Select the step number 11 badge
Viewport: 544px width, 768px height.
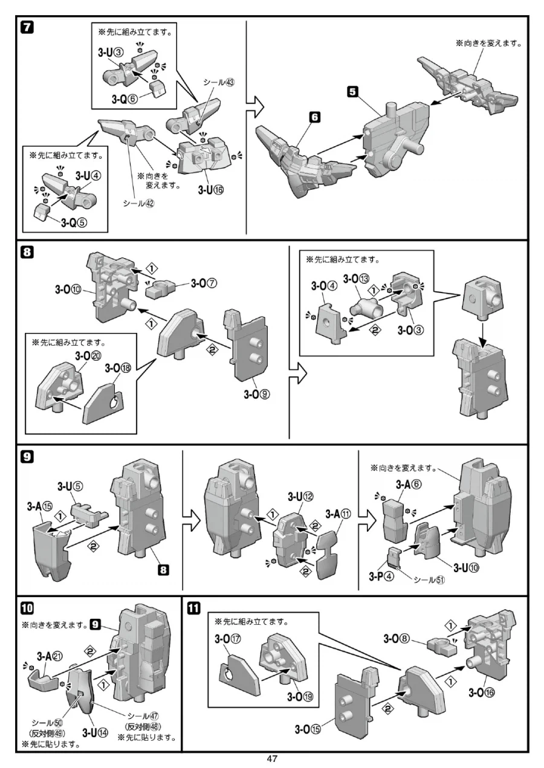click(x=193, y=608)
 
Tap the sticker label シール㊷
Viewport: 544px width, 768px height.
click(x=138, y=203)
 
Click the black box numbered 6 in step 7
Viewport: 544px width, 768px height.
click(x=314, y=119)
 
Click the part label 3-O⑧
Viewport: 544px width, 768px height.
click(x=399, y=637)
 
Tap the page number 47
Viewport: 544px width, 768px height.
click(x=272, y=760)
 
